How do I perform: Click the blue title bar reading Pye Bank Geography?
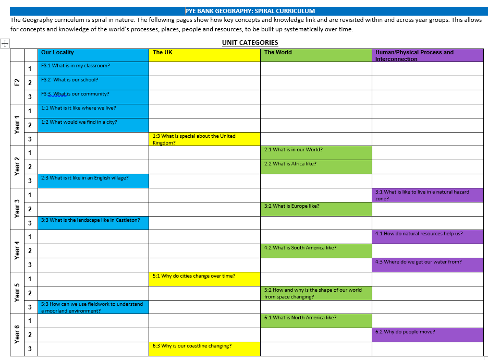tap(250, 11)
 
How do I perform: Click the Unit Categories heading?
tap(250, 43)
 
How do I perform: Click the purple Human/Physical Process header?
tap(428, 55)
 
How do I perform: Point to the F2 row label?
tap(17, 83)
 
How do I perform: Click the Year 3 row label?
tap(17, 209)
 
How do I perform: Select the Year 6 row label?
tap(17, 334)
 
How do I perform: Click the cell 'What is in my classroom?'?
tap(94, 69)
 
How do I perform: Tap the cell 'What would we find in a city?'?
tap(94, 125)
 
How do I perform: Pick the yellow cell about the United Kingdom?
tap(204, 139)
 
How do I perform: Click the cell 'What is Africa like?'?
tap(316, 167)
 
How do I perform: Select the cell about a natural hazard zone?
tap(428, 195)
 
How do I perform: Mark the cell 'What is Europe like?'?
tap(316, 209)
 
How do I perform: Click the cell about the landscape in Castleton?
tap(94, 223)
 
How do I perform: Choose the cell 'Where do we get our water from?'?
tap(428, 265)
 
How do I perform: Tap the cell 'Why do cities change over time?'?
tap(204, 279)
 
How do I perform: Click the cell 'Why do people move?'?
tap(428, 335)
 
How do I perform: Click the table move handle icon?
tap(5, 44)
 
